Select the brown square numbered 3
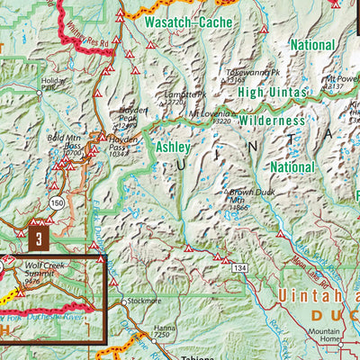pyautogui.click(x=39, y=239)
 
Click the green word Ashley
pyautogui.click(x=174, y=146)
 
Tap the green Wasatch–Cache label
pyautogui.click(x=190, y=20)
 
